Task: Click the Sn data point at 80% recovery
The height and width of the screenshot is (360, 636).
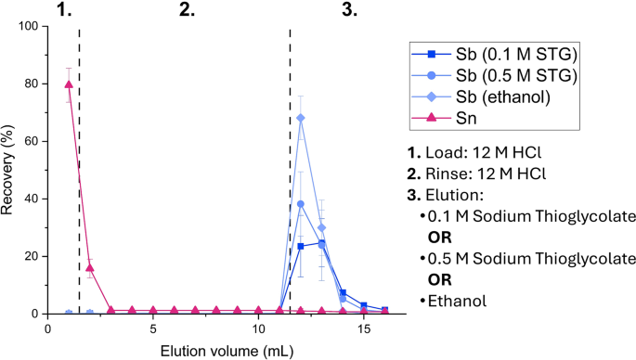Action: [69, 84]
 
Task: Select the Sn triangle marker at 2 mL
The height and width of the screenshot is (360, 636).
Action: [90, 267]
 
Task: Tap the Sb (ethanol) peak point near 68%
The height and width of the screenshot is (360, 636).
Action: [301, 118]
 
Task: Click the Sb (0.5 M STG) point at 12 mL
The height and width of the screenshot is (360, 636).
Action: [301, 204]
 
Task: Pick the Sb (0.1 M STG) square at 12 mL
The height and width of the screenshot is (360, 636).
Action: [301, 246]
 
